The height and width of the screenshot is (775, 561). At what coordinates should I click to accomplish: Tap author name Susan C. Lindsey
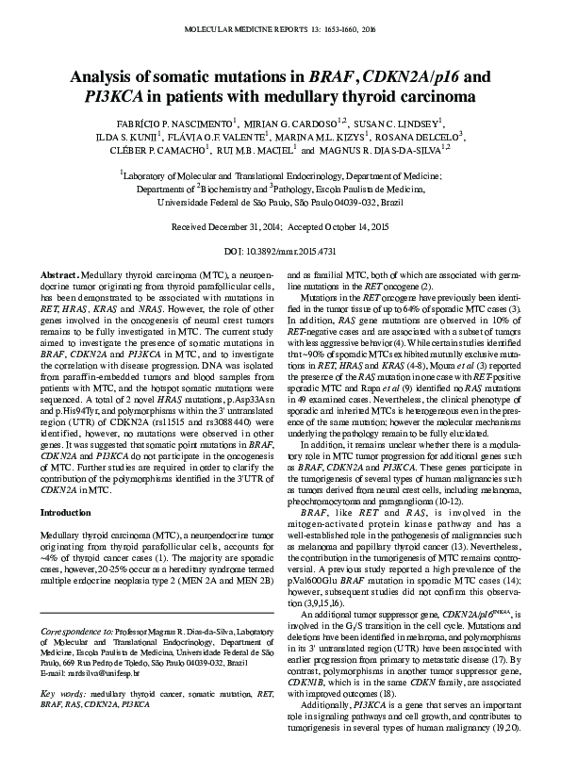point(397,123)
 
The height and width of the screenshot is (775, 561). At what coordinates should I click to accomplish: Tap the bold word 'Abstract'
point(58,273)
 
